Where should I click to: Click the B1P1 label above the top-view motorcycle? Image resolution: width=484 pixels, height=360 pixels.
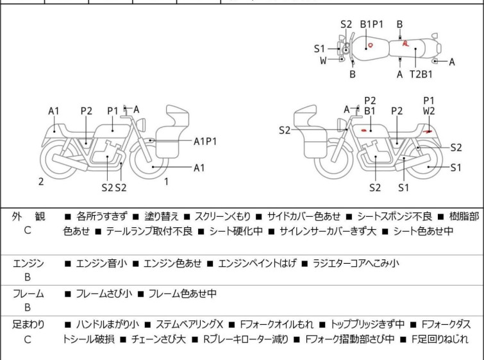tap(371, 24)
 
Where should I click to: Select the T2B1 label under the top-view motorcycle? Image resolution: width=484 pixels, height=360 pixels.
tap(421, 74)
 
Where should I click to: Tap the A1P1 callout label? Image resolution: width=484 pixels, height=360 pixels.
tap(206, 141)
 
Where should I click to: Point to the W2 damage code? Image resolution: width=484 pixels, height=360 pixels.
tap(429, 111)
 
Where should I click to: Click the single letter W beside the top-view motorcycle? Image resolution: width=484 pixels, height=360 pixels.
tap(323, 60)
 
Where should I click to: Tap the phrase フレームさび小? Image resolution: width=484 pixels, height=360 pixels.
tap(104, 294)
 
